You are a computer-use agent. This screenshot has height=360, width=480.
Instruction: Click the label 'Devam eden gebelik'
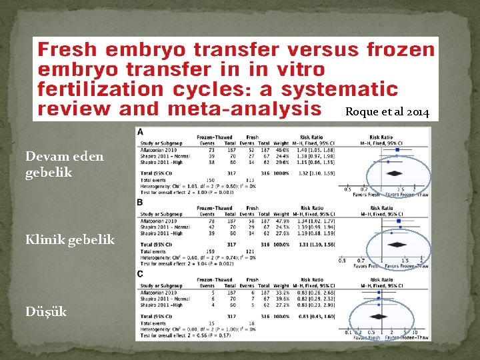(x=64, y=164)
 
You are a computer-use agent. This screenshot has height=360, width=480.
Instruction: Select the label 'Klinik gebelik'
(x=69, y=239)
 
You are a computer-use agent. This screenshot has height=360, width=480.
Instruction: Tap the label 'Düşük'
(x=46, y=311)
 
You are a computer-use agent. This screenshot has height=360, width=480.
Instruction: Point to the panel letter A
(x=140, y=132)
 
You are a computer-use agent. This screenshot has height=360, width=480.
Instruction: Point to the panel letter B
(x=139, y=201)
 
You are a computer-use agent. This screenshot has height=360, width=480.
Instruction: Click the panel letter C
(x=139, y=273)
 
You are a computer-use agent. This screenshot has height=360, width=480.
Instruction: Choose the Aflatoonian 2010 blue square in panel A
(x=397, y=150)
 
